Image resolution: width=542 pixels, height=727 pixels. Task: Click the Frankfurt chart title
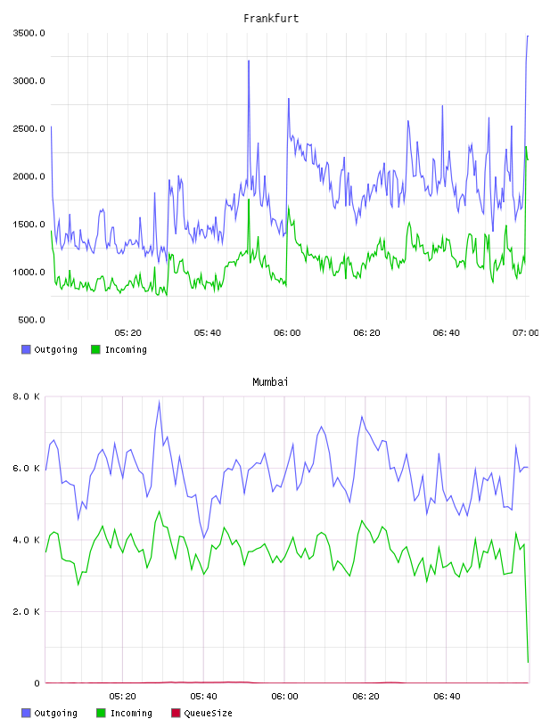tap(271, 18)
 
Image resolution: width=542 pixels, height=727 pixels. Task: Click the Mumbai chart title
tap(270, 381)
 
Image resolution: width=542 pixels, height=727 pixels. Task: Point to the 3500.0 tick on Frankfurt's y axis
tap(29, 33)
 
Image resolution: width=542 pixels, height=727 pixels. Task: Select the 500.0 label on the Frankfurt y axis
tap(31, 320)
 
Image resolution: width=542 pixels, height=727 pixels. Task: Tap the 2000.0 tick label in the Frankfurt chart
tap(29, 176)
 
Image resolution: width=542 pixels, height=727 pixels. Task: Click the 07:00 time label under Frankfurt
tap(526, 332)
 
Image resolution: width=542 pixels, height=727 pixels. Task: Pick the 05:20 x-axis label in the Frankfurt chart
tap(128, 332)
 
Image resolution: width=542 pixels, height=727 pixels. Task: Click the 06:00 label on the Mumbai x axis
tap(284, 696)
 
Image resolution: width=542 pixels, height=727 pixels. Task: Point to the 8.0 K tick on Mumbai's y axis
tap(27, 396)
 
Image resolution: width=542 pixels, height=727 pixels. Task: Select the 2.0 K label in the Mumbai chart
tap(27, 611)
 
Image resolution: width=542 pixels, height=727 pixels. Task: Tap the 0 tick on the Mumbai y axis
tap(37, 683)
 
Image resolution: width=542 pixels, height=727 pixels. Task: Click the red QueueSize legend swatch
tap(176, 713)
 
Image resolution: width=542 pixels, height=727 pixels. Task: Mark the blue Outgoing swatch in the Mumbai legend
tap(26, 713)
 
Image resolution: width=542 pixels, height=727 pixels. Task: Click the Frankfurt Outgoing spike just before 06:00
tap(249, 61)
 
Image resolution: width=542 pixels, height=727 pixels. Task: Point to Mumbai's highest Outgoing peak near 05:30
tap(160, 402)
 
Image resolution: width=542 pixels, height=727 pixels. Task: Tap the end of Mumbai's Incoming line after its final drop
tap(528, 662)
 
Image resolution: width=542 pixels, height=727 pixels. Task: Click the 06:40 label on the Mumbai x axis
tap(447, 696)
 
